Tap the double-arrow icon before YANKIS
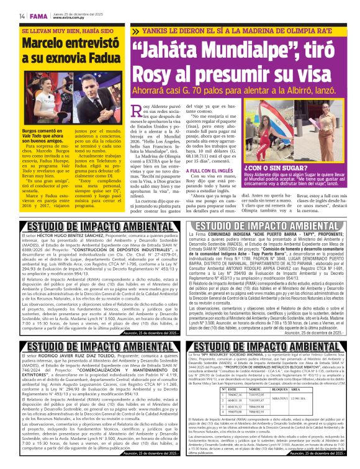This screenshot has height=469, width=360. [136, 31]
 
